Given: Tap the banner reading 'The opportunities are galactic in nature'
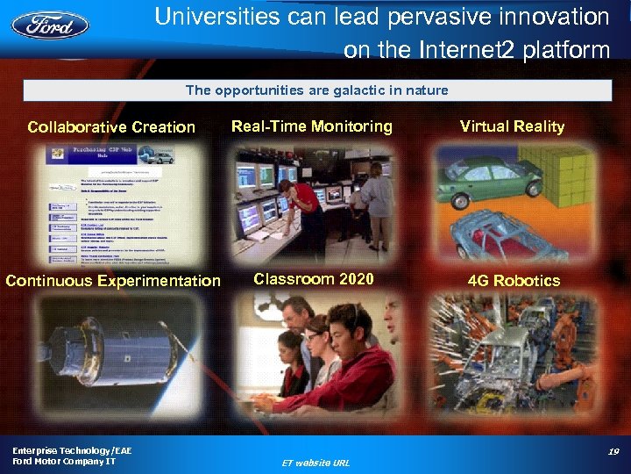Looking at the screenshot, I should (316, 90).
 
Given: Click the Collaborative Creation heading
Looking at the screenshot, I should (111, 127).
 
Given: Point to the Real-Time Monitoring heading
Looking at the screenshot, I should (311, 126).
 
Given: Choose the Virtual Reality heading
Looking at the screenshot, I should (512, 126).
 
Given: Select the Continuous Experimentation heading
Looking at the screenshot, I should (113, 281).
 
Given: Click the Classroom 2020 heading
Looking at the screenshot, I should (314, 280).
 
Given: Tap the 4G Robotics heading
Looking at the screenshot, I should (514, 281).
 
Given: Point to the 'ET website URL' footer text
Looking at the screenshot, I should (315, 462).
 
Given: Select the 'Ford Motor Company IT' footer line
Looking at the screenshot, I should (63, 461).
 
